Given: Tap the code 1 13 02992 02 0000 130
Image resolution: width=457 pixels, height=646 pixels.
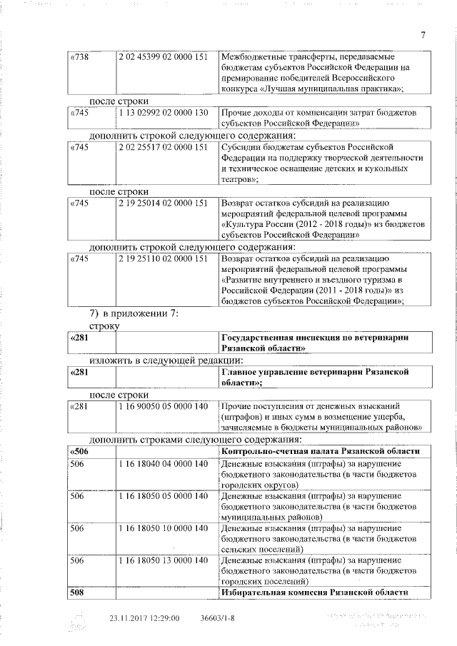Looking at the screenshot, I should (x=164, y=113).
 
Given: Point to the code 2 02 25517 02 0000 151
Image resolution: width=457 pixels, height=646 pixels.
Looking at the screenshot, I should (x=164, y=147).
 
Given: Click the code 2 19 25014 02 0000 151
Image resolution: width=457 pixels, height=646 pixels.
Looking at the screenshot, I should (x=164, y=203).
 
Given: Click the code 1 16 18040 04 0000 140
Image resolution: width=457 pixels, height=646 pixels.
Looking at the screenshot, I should (x=164, y=465).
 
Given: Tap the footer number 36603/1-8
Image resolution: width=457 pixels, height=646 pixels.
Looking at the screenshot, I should (x=219, y=618).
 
